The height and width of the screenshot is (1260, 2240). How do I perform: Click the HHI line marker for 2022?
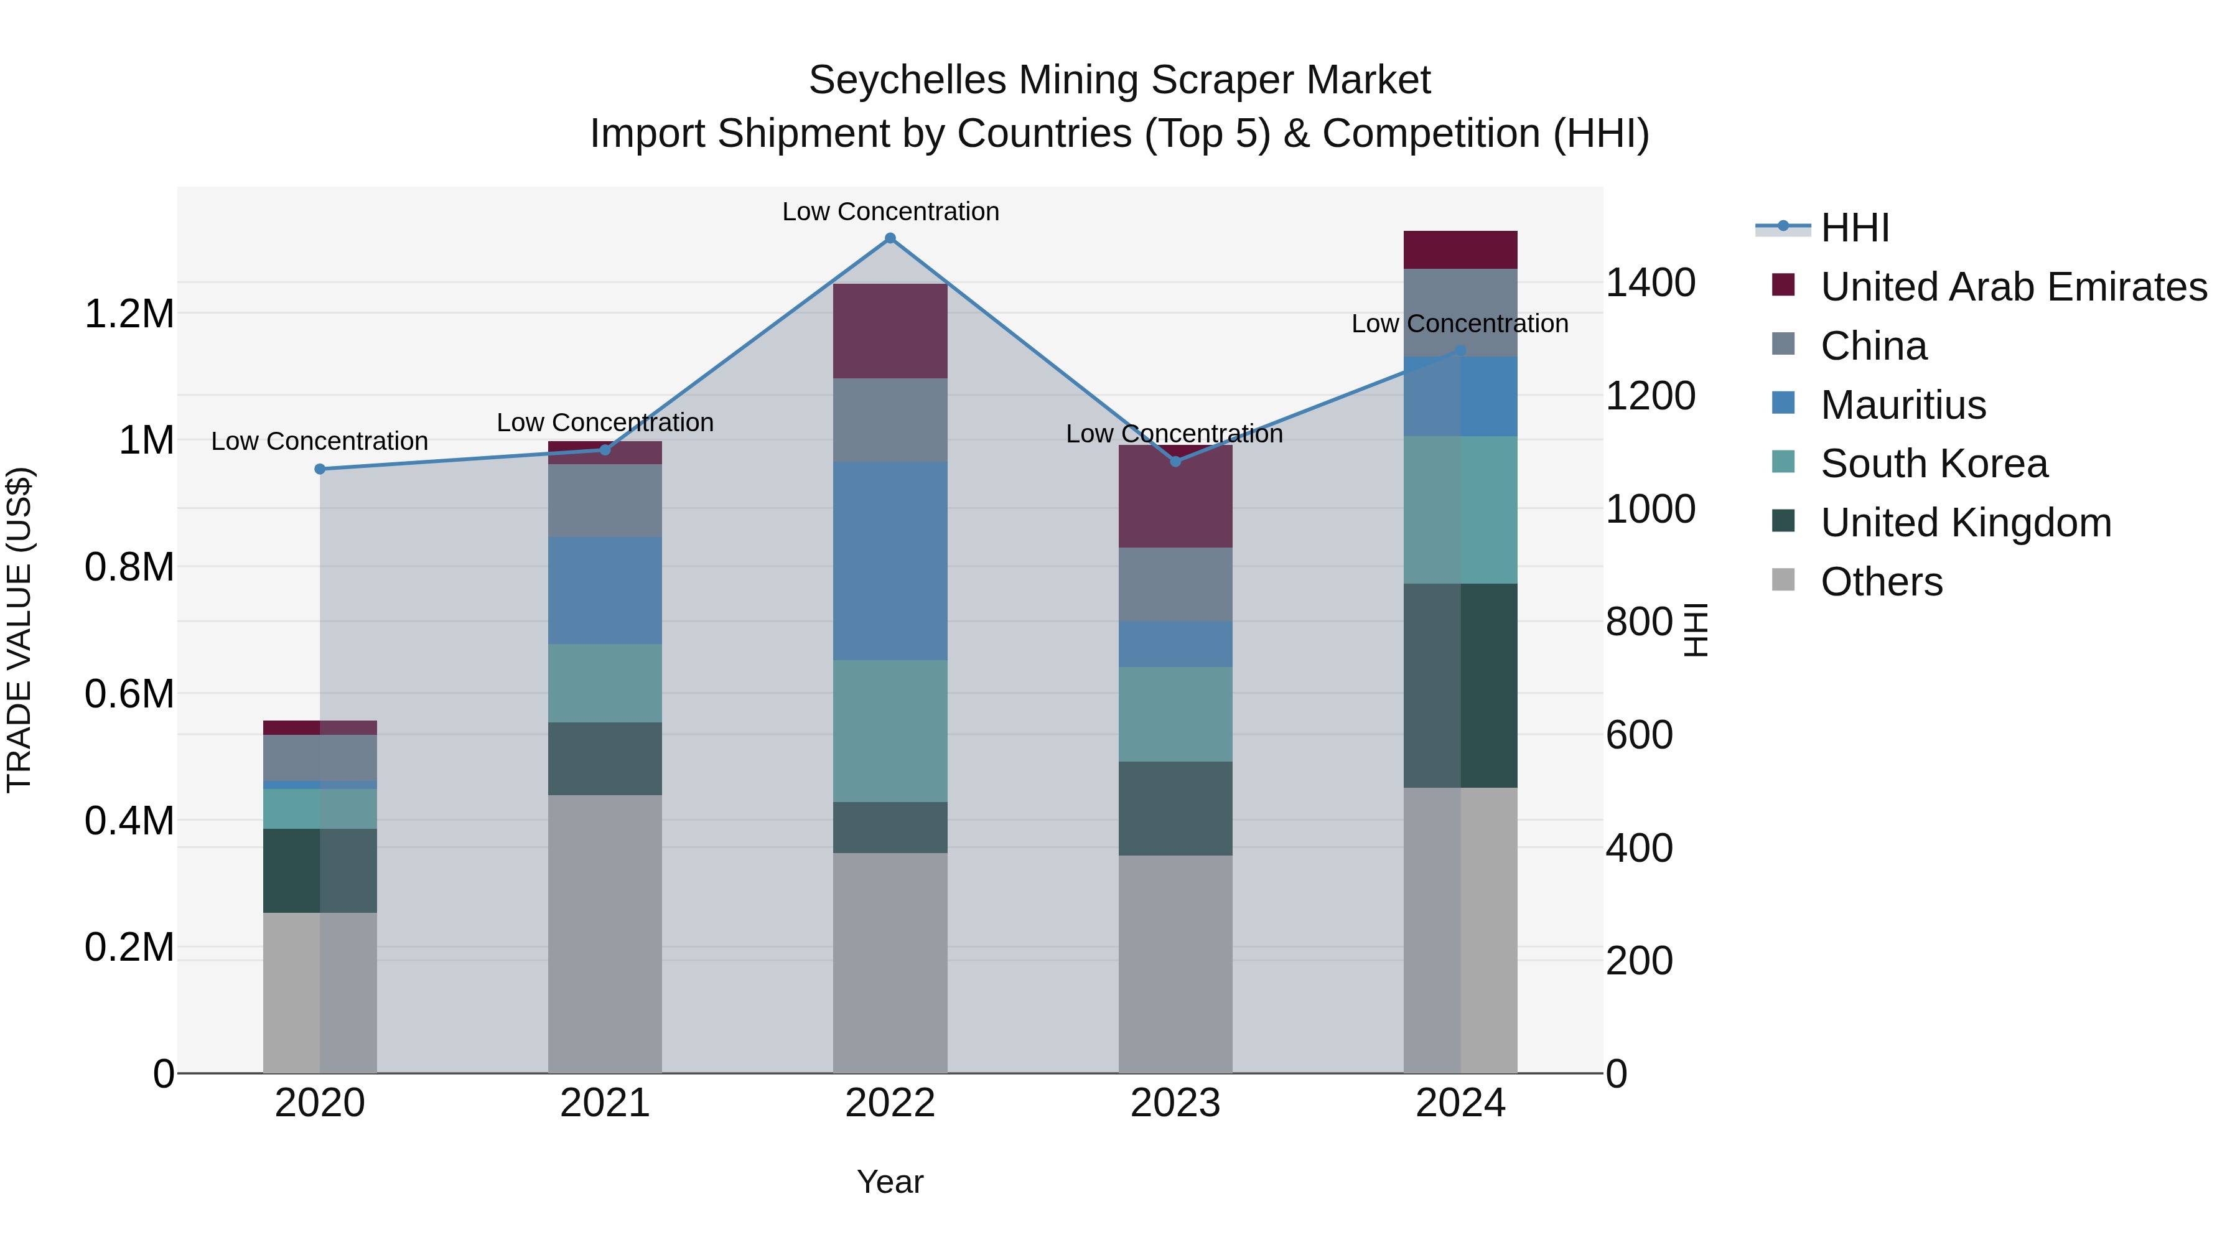(x=890, y=238)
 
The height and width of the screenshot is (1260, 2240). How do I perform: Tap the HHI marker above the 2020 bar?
(x=320, y=470)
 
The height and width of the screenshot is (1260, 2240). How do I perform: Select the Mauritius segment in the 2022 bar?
(x=890, y=561)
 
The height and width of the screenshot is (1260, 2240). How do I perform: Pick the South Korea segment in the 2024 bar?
(x=1460, y=510)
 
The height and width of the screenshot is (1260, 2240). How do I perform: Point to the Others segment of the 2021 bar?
(x=604, y=933)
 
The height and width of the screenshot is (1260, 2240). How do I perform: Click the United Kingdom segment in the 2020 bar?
(x=320, y=870)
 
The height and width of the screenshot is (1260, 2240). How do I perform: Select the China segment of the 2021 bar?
(x=604, y=500)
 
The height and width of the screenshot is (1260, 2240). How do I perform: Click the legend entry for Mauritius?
(x=1903, y=405)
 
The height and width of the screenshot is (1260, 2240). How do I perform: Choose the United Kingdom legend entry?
(x=1965, y=523)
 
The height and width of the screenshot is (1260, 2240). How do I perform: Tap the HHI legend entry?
(x=1854, y=228)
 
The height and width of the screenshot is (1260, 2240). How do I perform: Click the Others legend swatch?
(x=1783, y=580)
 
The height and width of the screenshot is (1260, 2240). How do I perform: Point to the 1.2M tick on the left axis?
(x=129, y=314)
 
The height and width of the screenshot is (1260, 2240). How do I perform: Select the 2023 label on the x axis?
(x=1175, y=1103)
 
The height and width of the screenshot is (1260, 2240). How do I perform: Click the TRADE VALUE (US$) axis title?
(x=19, y=630)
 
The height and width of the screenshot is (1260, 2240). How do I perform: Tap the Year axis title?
(x=890, y=1182)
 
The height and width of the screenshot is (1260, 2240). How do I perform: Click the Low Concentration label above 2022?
(x=890, y=212)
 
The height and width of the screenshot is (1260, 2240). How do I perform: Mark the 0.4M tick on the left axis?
(x=129, y=821)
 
